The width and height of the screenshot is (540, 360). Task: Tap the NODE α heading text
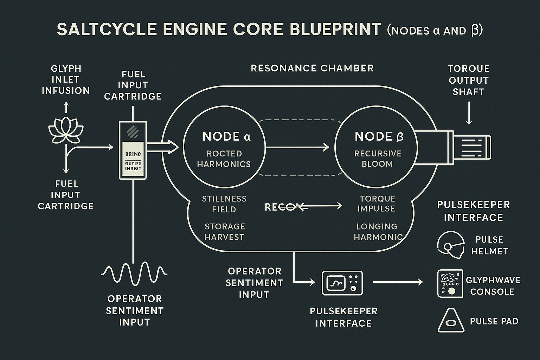tap(226, 136)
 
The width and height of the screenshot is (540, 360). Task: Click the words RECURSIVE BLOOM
tap(378, 159)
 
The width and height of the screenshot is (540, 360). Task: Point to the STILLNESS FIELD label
tap(224, 204)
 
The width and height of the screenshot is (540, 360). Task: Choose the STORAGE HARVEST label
tap(224, 232)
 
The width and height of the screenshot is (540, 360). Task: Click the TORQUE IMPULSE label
tap(377, 204)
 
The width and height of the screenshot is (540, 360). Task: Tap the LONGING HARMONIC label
tap(378, 232)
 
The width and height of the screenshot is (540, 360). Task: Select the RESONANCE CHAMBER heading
tap(312, 68)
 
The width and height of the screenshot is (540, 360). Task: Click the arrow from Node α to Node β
tap(297, 147)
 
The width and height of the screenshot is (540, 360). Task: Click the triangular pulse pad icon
tap(449, 320)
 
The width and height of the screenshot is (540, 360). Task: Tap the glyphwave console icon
tap(450, 283)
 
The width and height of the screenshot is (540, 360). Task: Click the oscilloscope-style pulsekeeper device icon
tap(342, 283)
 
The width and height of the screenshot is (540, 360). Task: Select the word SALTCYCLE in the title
tap(107, 30)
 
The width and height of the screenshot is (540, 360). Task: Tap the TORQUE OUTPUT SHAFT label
tap(469, 80)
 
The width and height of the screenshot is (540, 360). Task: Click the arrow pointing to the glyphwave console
tap(397, 282)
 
